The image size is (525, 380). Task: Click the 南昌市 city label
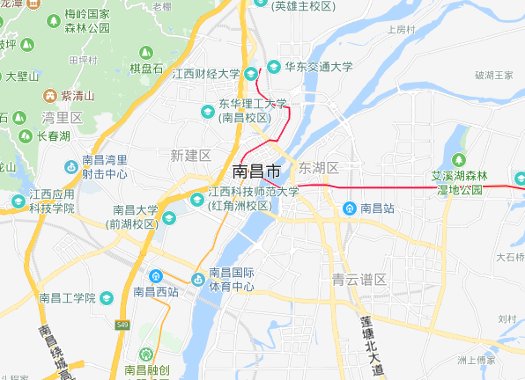[x=257, y=170]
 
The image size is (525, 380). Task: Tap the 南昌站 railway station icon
[x=349, y=208]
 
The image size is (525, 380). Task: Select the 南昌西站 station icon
[x=155, y=275]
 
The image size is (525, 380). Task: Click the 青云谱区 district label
[x=359, y=280]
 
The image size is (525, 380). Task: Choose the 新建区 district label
[x=191, y=155]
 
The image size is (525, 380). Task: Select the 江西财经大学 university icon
[x=251, y=73]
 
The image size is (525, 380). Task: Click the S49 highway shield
[x=122, y=326]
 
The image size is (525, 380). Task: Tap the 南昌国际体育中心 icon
[x=198, y=273]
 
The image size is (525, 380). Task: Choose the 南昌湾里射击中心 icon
[x=71, y=166]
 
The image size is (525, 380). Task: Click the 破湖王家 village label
[x=494, y=75]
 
